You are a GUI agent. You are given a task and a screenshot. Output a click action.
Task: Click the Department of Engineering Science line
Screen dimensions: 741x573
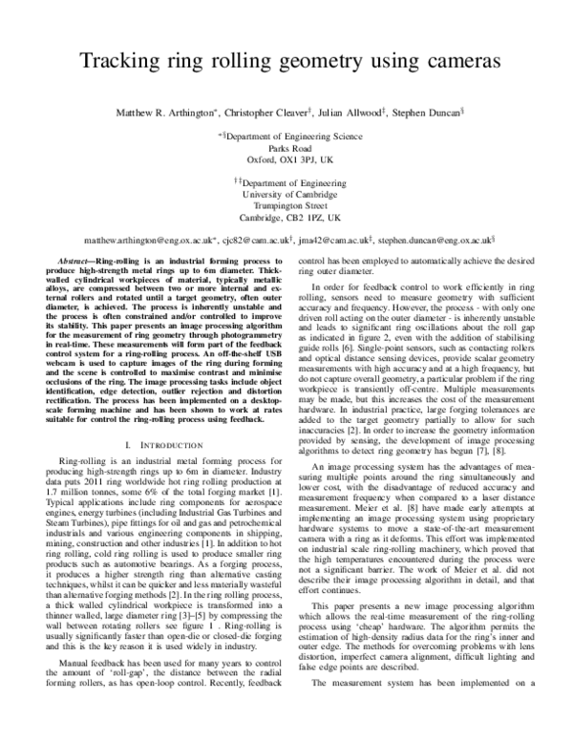click(288, 136)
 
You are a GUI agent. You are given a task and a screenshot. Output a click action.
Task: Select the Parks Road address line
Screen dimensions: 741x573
click(287, 149)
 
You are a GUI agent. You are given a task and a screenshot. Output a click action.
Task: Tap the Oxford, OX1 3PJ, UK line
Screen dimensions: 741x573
click(287, 161)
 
